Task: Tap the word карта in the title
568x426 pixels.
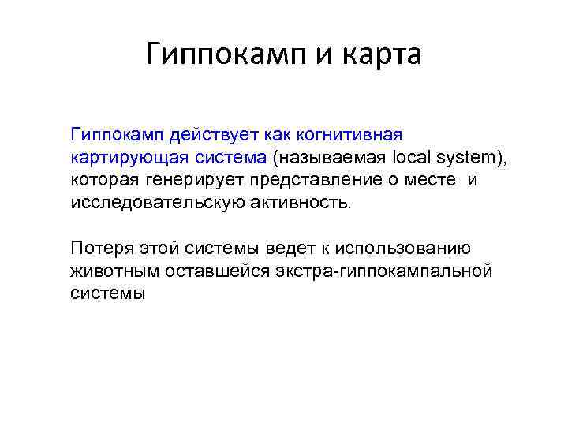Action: [385, 54]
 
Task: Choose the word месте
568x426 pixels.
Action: [428, 181]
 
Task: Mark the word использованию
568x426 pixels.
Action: [403, 249]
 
